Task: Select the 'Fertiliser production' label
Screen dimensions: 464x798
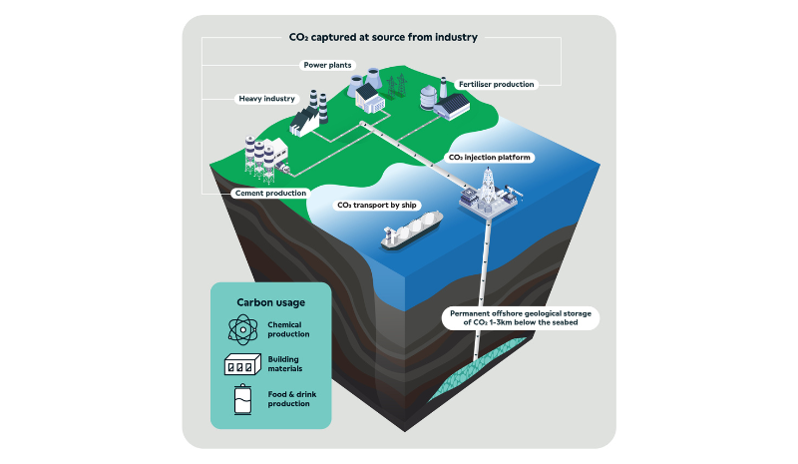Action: coord(496,85)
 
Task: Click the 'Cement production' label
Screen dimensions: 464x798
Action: coord(269,193)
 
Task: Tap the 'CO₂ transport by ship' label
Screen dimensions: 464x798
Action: coord(377,206)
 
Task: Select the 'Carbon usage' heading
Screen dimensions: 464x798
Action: coord(271,301)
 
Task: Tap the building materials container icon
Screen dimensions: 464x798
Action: coord(242,366)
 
